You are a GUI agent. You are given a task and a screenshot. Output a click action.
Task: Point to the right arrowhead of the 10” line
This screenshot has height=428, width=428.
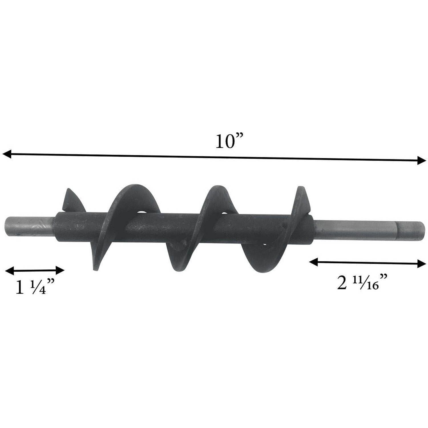[421, 160]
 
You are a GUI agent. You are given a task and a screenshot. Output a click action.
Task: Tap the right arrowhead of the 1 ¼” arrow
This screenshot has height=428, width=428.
[60, 270]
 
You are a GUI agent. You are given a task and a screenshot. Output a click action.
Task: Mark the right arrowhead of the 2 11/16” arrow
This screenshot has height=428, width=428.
[421, 264]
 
